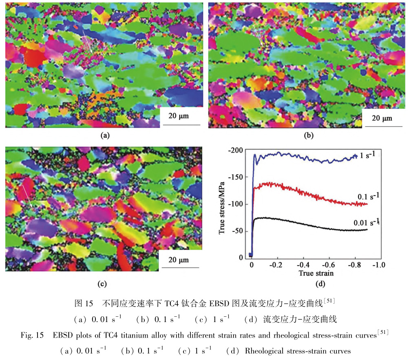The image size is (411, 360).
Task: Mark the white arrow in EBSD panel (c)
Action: tap(27, 196)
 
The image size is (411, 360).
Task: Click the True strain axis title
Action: tap(316, 273)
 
